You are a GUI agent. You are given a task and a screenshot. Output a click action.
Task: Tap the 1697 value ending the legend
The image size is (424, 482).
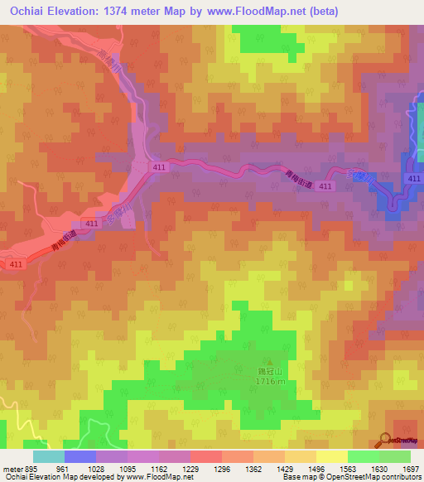[x=410, y=469]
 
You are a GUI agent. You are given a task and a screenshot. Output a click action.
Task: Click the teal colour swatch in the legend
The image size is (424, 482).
[x=48, y=456]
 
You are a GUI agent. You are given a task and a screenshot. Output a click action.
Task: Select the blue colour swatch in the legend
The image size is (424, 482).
[x=79, y=456]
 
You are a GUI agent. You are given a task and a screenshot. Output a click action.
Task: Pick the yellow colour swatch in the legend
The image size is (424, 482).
[x=331, y=456]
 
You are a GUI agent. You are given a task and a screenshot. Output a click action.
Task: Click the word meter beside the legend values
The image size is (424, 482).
[x=12, y=469]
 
